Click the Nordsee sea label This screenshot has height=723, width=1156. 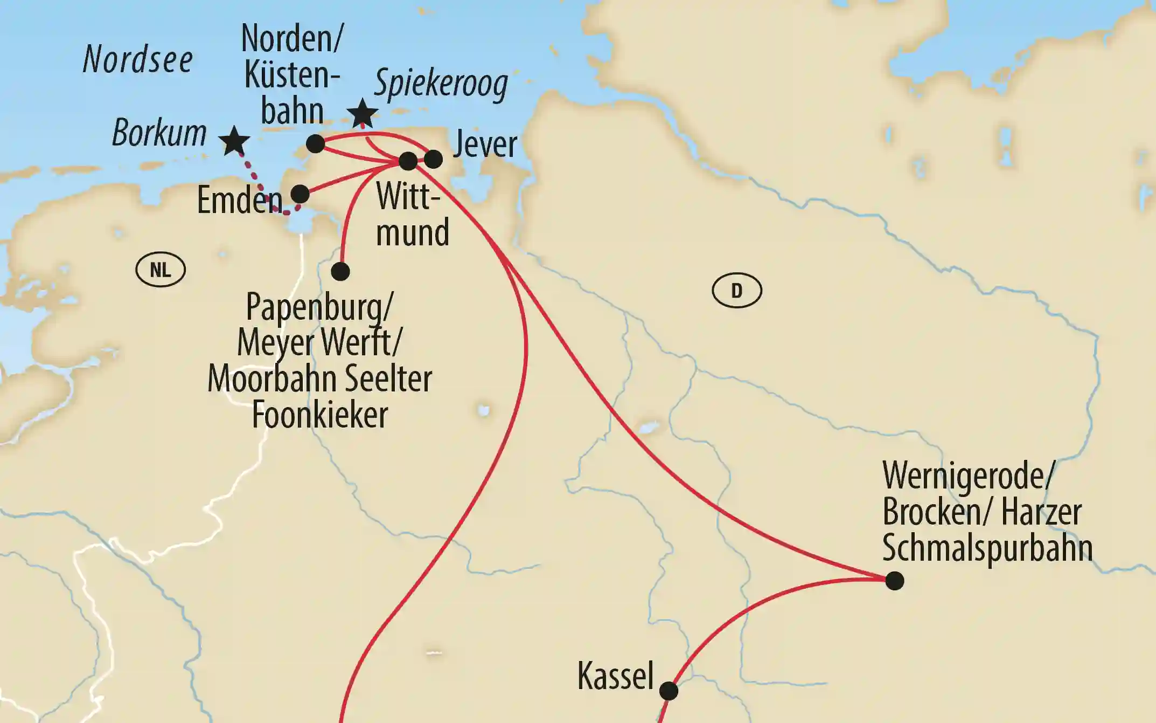pos(138,59)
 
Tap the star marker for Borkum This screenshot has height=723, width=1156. pos(234,141)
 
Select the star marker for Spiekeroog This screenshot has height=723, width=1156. pos(362,113)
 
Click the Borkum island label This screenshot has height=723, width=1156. pos(159,133)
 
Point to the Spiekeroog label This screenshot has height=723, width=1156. pos(441,84)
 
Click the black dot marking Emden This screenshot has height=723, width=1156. pos(300,194)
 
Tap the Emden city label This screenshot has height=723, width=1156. pos(239,200)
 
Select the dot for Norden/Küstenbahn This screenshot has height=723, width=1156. pos(315,144)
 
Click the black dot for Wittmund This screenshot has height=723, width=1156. pos(408,161)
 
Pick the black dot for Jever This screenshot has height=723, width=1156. pos(433,159)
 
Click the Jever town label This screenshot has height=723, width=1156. pos(485,144)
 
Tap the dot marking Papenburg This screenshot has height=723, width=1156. pos(340,271)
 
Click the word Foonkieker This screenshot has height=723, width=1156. pos(320,415)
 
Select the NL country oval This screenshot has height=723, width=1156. pos(161,270)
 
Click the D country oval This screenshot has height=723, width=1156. pos(736,291)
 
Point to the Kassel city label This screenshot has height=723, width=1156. pos(615,676)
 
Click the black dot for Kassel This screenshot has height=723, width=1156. pos(668,691)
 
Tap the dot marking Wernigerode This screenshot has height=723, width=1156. pos(894,581)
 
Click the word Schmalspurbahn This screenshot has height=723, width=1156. pos(987,548)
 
